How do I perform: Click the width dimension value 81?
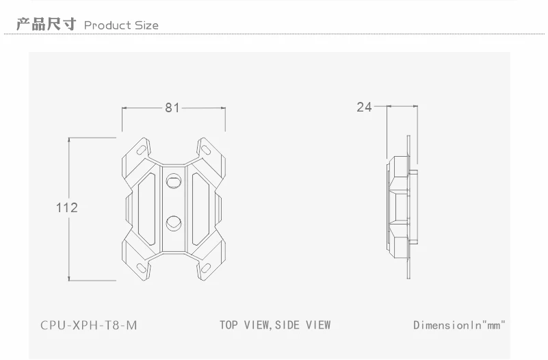pos(172,107)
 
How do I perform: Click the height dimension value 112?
pos(66,207)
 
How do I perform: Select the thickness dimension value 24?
pos(363,107)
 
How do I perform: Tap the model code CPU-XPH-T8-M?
pos(89,324)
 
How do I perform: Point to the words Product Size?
pos(121,25)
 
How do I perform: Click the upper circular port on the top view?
pos(174,181)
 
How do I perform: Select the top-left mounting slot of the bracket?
pos(141,148)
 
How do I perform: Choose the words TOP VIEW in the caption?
pos(244,324)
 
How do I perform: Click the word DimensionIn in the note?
pos(445,324)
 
